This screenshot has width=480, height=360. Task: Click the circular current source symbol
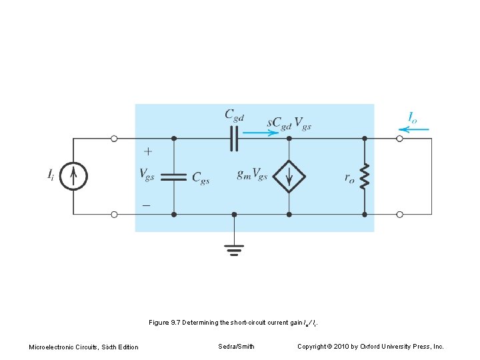pyautogui.click(x=74, y=176)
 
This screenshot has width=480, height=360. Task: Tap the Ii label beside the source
pyautogui.click(x=51, y=175)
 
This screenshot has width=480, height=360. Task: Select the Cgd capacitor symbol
pyautogui.click(x=234, y=139)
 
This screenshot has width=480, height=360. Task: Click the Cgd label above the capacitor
pyautogui.click(x=234, y=115)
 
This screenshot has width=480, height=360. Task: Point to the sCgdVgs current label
pyautogui.click(x=289, y=124)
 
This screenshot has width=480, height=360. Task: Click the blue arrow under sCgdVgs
pyautogui.click(x=261, y=133)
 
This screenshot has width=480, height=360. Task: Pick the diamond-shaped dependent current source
pyautogui.click(x=289, y=176)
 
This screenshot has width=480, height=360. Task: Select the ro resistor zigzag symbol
pyautogui.click(x=365, y=177)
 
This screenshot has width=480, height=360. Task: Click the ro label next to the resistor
pyautogui.click(x=349, y=177)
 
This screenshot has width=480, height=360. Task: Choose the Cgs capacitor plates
pyautogui.click(x=174, y=177)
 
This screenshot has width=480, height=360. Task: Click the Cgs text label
pyautogui.click(x=201, y=177)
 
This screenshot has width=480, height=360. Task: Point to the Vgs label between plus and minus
pyautogui.click(x=147, y=174)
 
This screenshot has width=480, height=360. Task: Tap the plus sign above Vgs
pyautogui.click(x=147, y=152)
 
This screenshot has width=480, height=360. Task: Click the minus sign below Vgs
pyautogui.click(x=146, y=205)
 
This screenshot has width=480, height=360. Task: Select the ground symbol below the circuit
pyautogui.click(x=233, y=249)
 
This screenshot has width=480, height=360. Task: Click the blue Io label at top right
pyautogui.click(x=413, y=118)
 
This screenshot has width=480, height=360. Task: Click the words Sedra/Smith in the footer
pyautogui.click(x=236, y=347)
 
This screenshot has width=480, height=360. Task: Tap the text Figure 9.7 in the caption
pyautogui.click(x=165, y=323)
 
